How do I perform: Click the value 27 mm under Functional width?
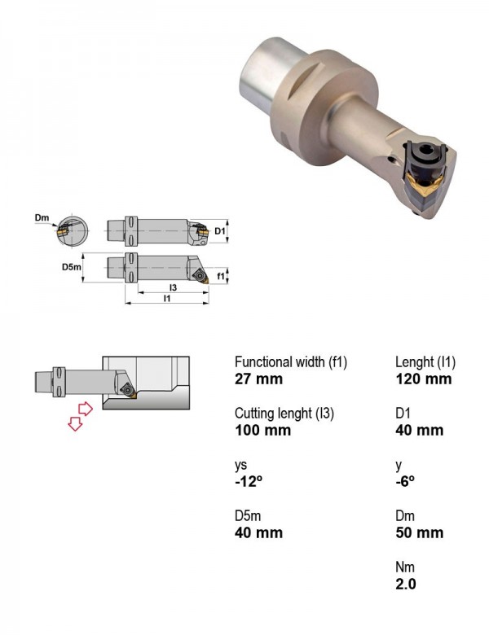click(x=258, y=379)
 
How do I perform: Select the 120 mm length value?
click(x=423, y=379)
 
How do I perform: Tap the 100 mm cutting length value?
click(x=262, y=430)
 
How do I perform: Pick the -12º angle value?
click(x=249, y=481)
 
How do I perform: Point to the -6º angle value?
click(x=405, y=481)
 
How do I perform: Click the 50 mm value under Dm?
click(x=420, y=532)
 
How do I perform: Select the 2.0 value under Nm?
click(x=406, y=584)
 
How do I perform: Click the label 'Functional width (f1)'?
click(x=291, y=362)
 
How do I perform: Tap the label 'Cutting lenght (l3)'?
click(x=284, y=414)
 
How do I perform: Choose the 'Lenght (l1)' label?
click(x=425, y=362)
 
